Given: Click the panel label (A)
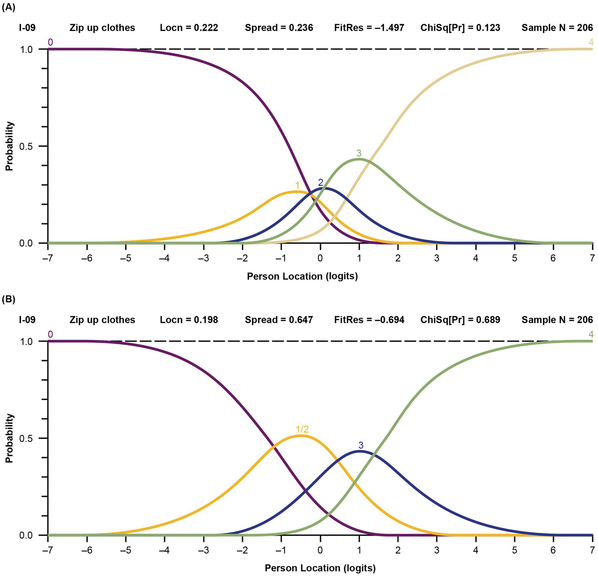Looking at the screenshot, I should click(9, 7).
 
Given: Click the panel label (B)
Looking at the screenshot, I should click(9, 299).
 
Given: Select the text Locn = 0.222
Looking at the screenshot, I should click(189, 28).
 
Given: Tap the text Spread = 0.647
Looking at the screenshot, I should click(279, 320).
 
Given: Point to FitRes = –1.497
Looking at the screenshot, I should click(369, 28).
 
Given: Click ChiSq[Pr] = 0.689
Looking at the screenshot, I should click(460, 320).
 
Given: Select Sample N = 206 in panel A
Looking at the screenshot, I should click(557, 28).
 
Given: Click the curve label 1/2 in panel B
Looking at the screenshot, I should click(302, 429).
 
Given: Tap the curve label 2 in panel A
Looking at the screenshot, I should click(321, 183).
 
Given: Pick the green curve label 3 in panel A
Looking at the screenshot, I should click(359, 153).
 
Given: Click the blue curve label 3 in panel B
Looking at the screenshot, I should click(361, 445).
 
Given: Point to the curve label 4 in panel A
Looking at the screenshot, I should click(591, 43).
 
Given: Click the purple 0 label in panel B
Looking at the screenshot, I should click(50, 334).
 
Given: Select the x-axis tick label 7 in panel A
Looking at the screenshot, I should click(592, 258).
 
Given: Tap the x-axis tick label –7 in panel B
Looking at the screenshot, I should click(48, 550).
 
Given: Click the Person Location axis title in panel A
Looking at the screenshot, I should click(302, 276).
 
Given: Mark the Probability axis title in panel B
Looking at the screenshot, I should click(9, 438).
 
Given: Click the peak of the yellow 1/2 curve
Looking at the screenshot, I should click(300, 436).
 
